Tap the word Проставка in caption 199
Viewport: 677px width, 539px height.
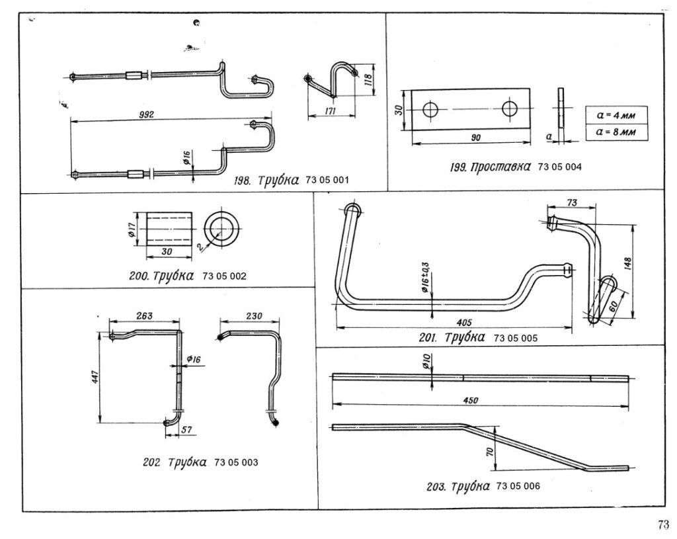pos(500,167)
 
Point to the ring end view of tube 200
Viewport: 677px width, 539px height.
pos(222,229)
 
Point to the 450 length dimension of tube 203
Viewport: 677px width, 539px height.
pos(470,401)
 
